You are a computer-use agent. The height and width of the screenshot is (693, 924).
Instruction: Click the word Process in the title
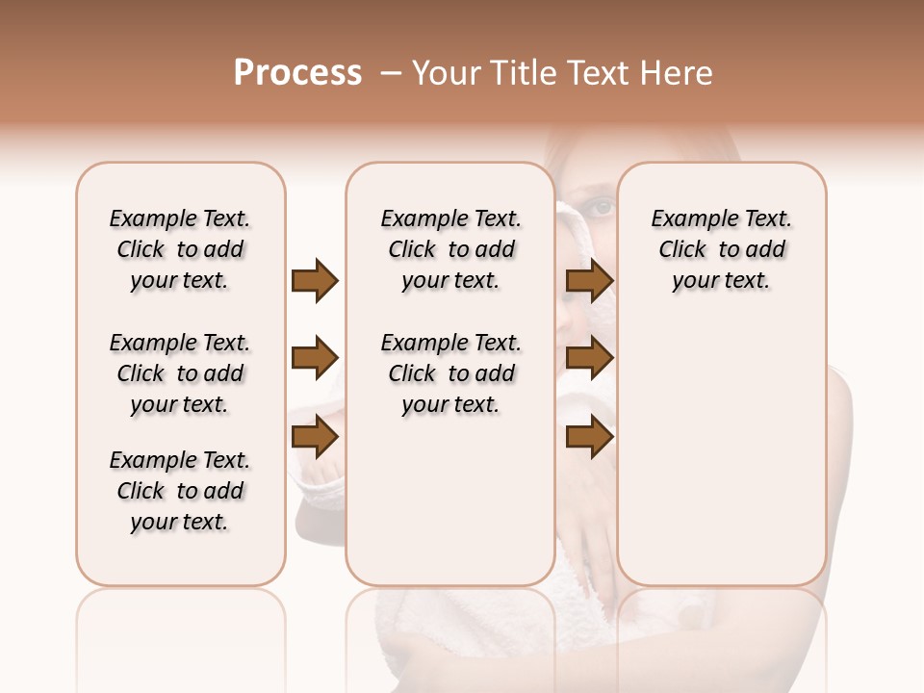(x=297, y=73)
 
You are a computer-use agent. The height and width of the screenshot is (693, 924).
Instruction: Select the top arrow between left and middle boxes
(x=315, y=280)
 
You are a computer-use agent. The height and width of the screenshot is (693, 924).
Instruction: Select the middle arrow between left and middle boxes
(x=315, y=359)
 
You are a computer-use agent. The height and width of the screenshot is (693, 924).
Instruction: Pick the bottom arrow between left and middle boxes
(x=315, y=438)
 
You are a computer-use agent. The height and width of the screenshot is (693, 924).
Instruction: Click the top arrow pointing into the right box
(x=589, y=280)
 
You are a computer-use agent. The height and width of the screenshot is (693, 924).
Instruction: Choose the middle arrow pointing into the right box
(x=589, y=359)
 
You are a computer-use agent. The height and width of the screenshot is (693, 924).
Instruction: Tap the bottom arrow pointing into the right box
(x=589, y=438)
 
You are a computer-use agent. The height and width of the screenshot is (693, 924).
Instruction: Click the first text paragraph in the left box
(x=180, y=249)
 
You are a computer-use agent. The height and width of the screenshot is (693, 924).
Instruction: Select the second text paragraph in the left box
(x=180, y=373)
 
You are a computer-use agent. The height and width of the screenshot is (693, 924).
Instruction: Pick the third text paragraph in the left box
(x=180, y=491)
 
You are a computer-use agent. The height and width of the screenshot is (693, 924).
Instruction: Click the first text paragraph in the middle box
(x=451, y=249)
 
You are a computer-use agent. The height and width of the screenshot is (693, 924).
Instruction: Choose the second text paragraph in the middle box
(x=451, y=373)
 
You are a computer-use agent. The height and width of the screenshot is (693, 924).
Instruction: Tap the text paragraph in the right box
(x=722, y=249)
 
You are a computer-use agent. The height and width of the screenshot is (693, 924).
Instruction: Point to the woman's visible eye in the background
(x=600, y=205)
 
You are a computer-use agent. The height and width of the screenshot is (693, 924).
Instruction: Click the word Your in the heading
(x=448, y=73)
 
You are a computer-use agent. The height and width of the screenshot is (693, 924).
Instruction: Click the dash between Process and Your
(x=391, y=73)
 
